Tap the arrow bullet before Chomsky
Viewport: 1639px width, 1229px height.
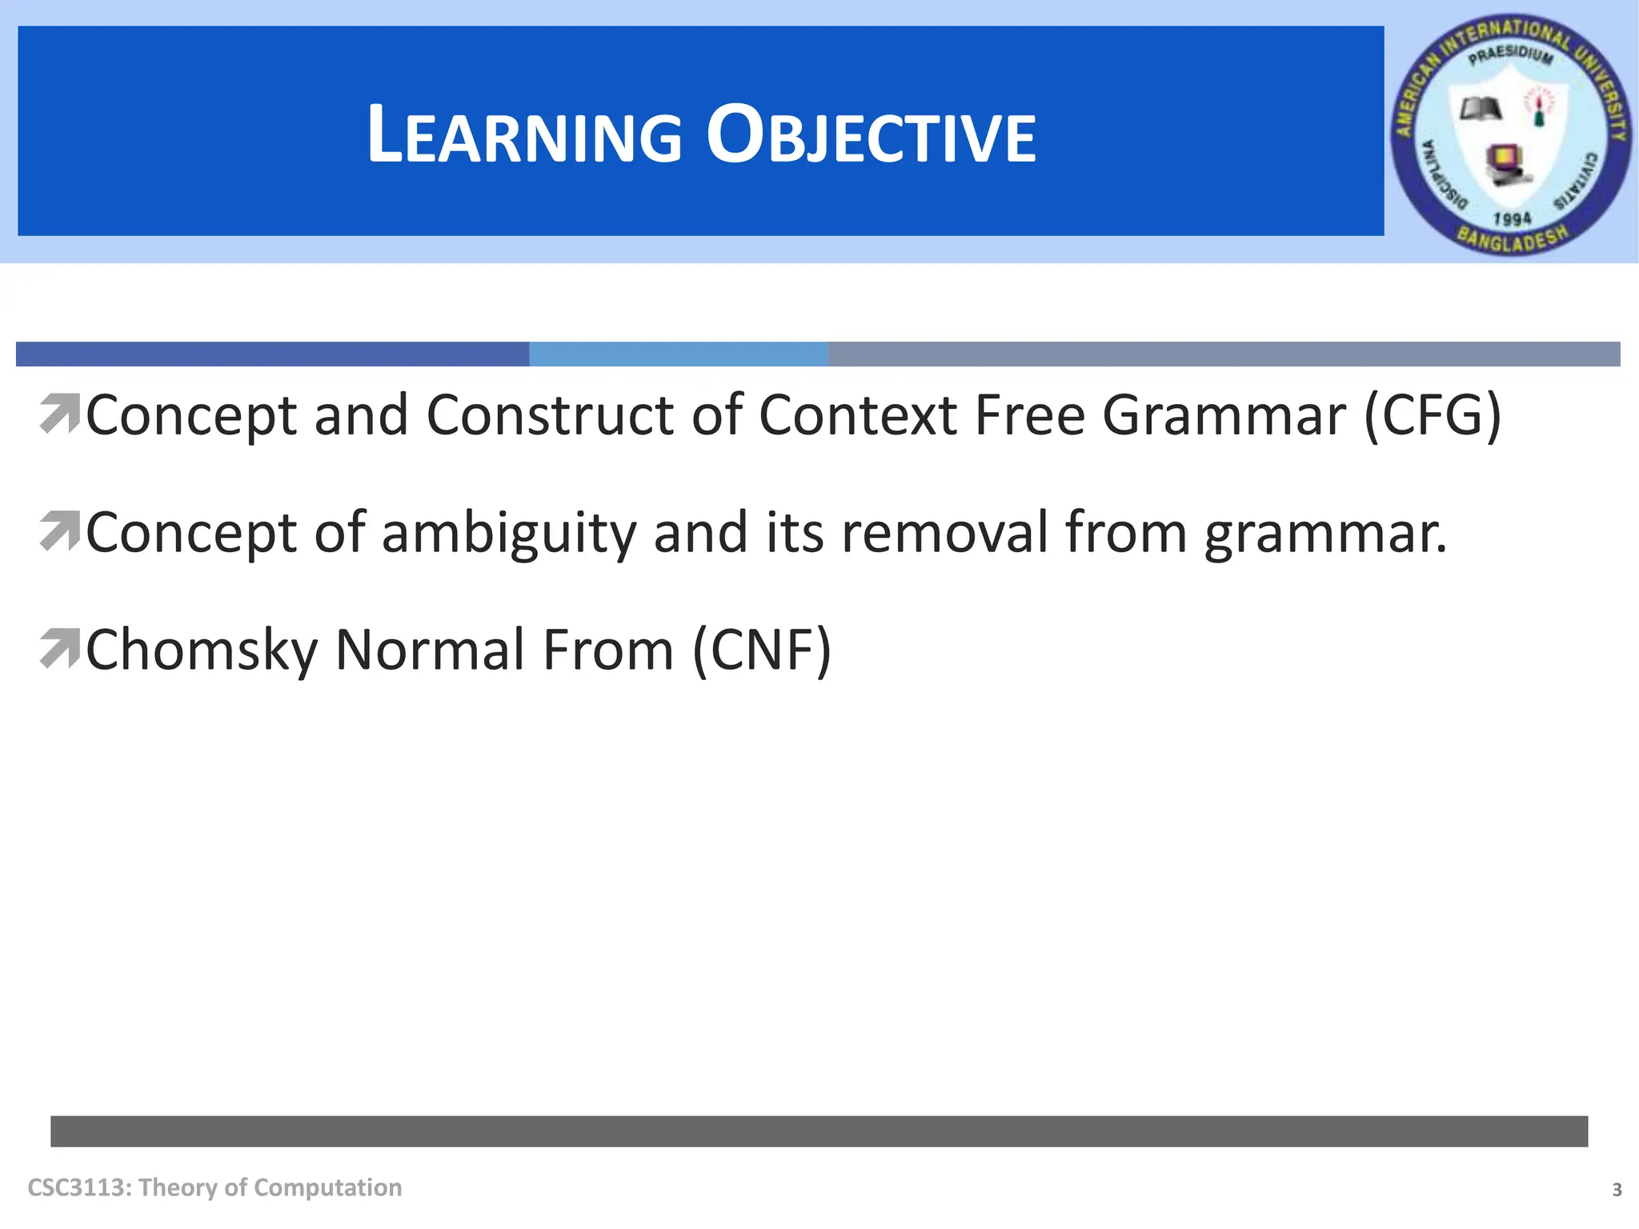[x=59, y=648]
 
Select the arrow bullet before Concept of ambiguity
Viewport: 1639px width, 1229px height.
[x=59, y=531]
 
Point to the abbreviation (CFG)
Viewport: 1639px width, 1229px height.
[x=1433, y=415]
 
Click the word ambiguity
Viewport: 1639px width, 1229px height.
[x=508, y=533]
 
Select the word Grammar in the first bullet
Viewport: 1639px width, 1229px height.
[x=1224, y=415]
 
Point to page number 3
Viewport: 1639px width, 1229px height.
[x=1617, y=1190]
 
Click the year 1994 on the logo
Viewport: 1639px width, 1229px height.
[x=1512, y=218]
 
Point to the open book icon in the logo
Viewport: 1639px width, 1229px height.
[x=1480, y=109]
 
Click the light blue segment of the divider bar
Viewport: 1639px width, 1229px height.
[x=678, y=354]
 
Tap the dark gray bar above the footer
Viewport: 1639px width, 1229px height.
[x=819, y=1131]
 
